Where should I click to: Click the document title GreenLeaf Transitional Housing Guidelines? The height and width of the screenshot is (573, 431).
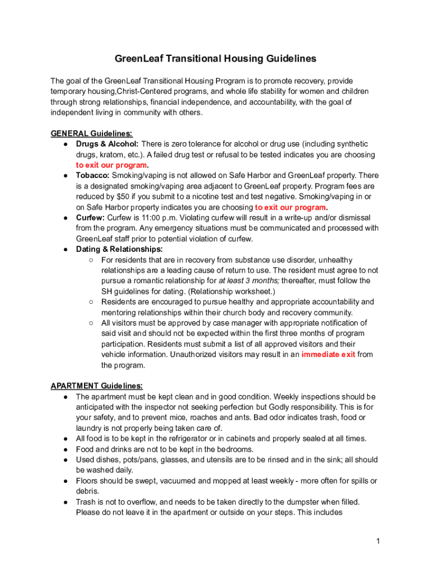[215, 59]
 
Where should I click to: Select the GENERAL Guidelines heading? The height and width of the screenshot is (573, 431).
[91, 134]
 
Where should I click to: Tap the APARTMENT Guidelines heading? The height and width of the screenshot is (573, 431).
[96, 386]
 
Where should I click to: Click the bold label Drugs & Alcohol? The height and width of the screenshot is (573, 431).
[107, 144]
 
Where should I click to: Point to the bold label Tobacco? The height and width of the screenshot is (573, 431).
[92, 176]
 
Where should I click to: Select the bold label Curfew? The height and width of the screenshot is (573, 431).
[90, 218]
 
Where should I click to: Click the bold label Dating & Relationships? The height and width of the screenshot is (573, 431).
[119, 249]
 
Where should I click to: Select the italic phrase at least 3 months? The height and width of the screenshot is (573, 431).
[245, 281]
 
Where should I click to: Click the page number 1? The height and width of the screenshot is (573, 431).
[378, 541]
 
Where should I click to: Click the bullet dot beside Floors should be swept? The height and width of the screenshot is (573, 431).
[65, 481]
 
